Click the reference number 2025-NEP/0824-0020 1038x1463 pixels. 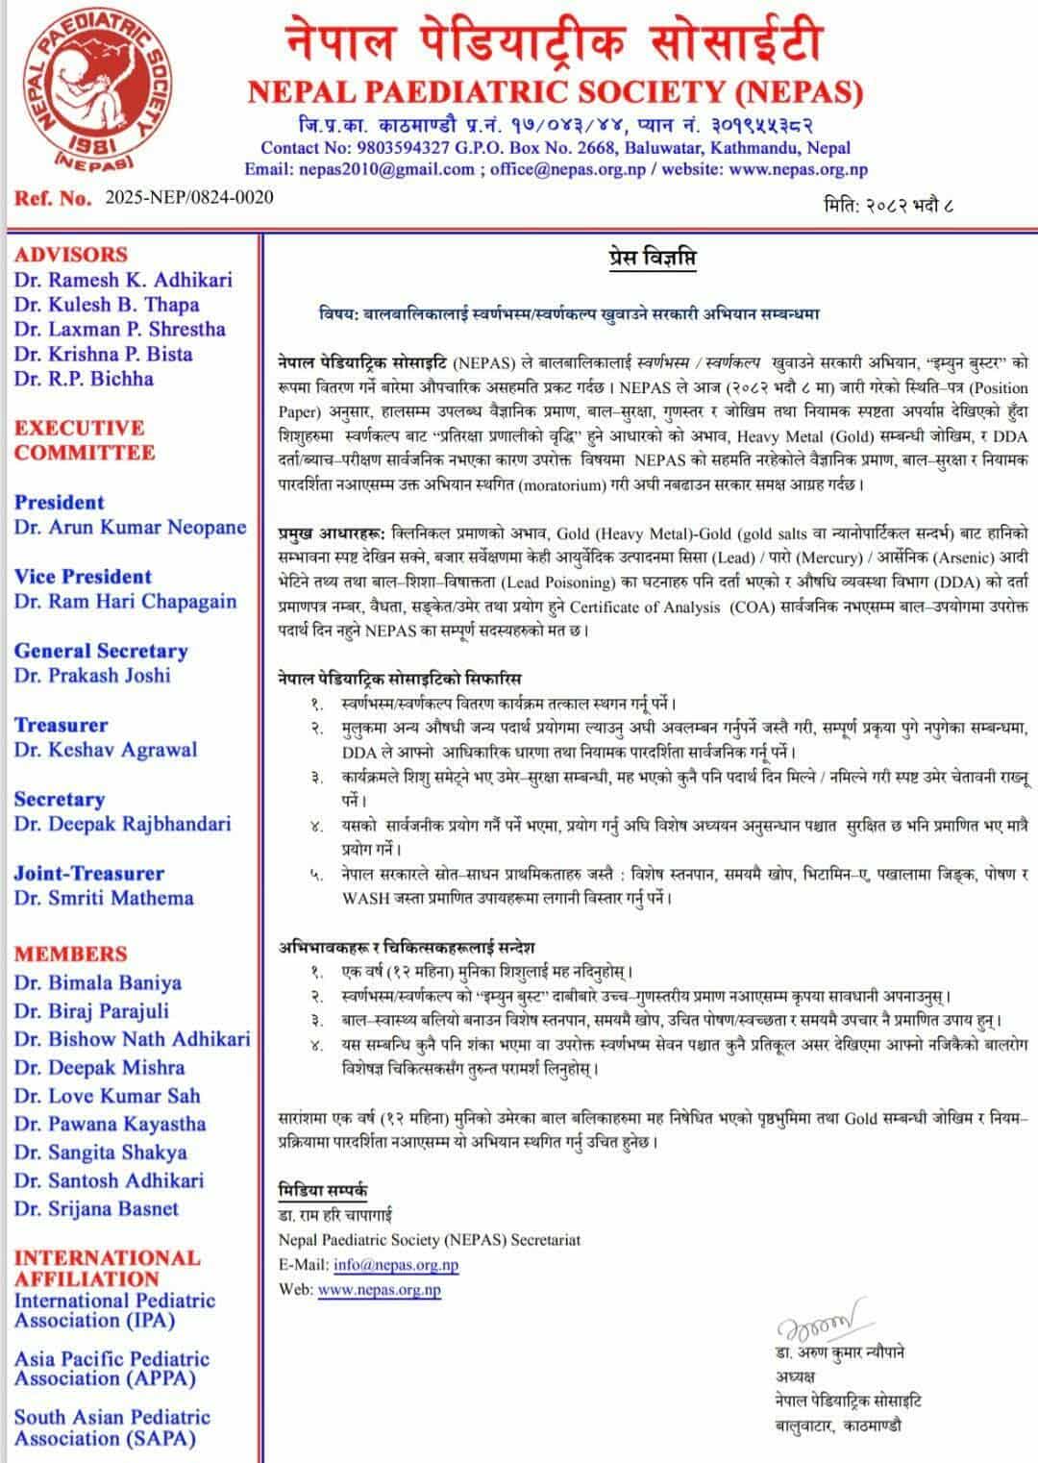pyautogui.click(x=188, y=198)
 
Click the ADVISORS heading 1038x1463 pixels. pyautogui.click(x=70, y=255)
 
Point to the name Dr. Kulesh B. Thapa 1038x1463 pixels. pyautogui.click(x=107, y=305)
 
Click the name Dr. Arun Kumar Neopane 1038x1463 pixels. pyautogui.click(x=130, y=528)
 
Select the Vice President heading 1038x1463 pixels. pyautogui.click(x=83, y=577)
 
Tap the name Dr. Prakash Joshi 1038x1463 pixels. pyautogui.click(x=92, y=676)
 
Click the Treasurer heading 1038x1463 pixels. pyautogui.click(x=61, y=725)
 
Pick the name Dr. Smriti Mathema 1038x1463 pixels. pyautogui.click(x=104, y=898)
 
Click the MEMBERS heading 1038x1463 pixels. pyautogui.click(x=70, y=955)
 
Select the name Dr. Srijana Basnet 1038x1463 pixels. pyautogui.click(x=96, y=1208)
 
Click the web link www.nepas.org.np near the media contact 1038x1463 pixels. pyautogui.click(x=379, y=1290)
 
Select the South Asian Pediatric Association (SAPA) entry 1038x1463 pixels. pyautogui.click(x=111, y=1427)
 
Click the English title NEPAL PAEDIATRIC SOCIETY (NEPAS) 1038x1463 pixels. pyautogui.click(x=555, y=92)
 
